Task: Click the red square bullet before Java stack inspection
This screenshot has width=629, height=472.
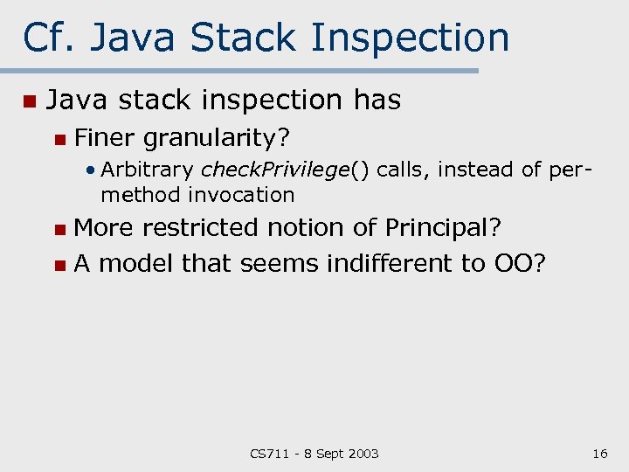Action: (29, 101)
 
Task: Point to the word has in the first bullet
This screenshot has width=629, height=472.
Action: (377, 101)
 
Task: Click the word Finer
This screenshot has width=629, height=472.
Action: (105, 137)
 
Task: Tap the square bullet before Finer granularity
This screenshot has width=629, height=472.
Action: (59, 138)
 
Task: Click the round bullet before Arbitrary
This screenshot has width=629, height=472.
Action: (91, 170)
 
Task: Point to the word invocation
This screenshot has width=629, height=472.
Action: (241, 194)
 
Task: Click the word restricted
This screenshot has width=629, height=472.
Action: (200, 228)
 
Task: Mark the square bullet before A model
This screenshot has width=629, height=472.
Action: (59, 264)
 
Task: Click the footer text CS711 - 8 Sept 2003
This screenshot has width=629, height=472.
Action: (314, 453)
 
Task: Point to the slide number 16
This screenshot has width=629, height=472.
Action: (599, 453)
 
